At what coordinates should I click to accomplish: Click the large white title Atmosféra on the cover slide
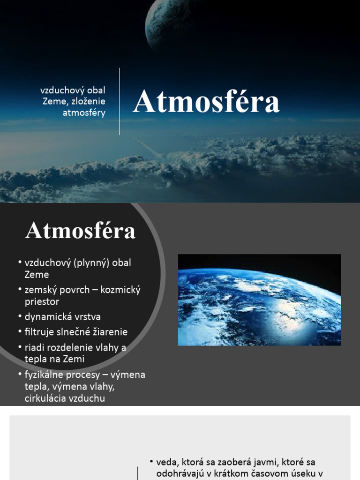pos(206,103)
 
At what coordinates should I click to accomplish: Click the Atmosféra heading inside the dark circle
pos(81,231)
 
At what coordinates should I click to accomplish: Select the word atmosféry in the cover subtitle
pos(84,112)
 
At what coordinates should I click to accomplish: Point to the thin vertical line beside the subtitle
pos(120,101)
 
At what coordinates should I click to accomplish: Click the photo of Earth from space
pos(259,300)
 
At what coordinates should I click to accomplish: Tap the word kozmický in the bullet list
pos(121,290)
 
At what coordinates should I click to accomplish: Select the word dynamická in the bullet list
pos(46,317)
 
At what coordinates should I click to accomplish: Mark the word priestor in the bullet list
pos(42,301)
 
